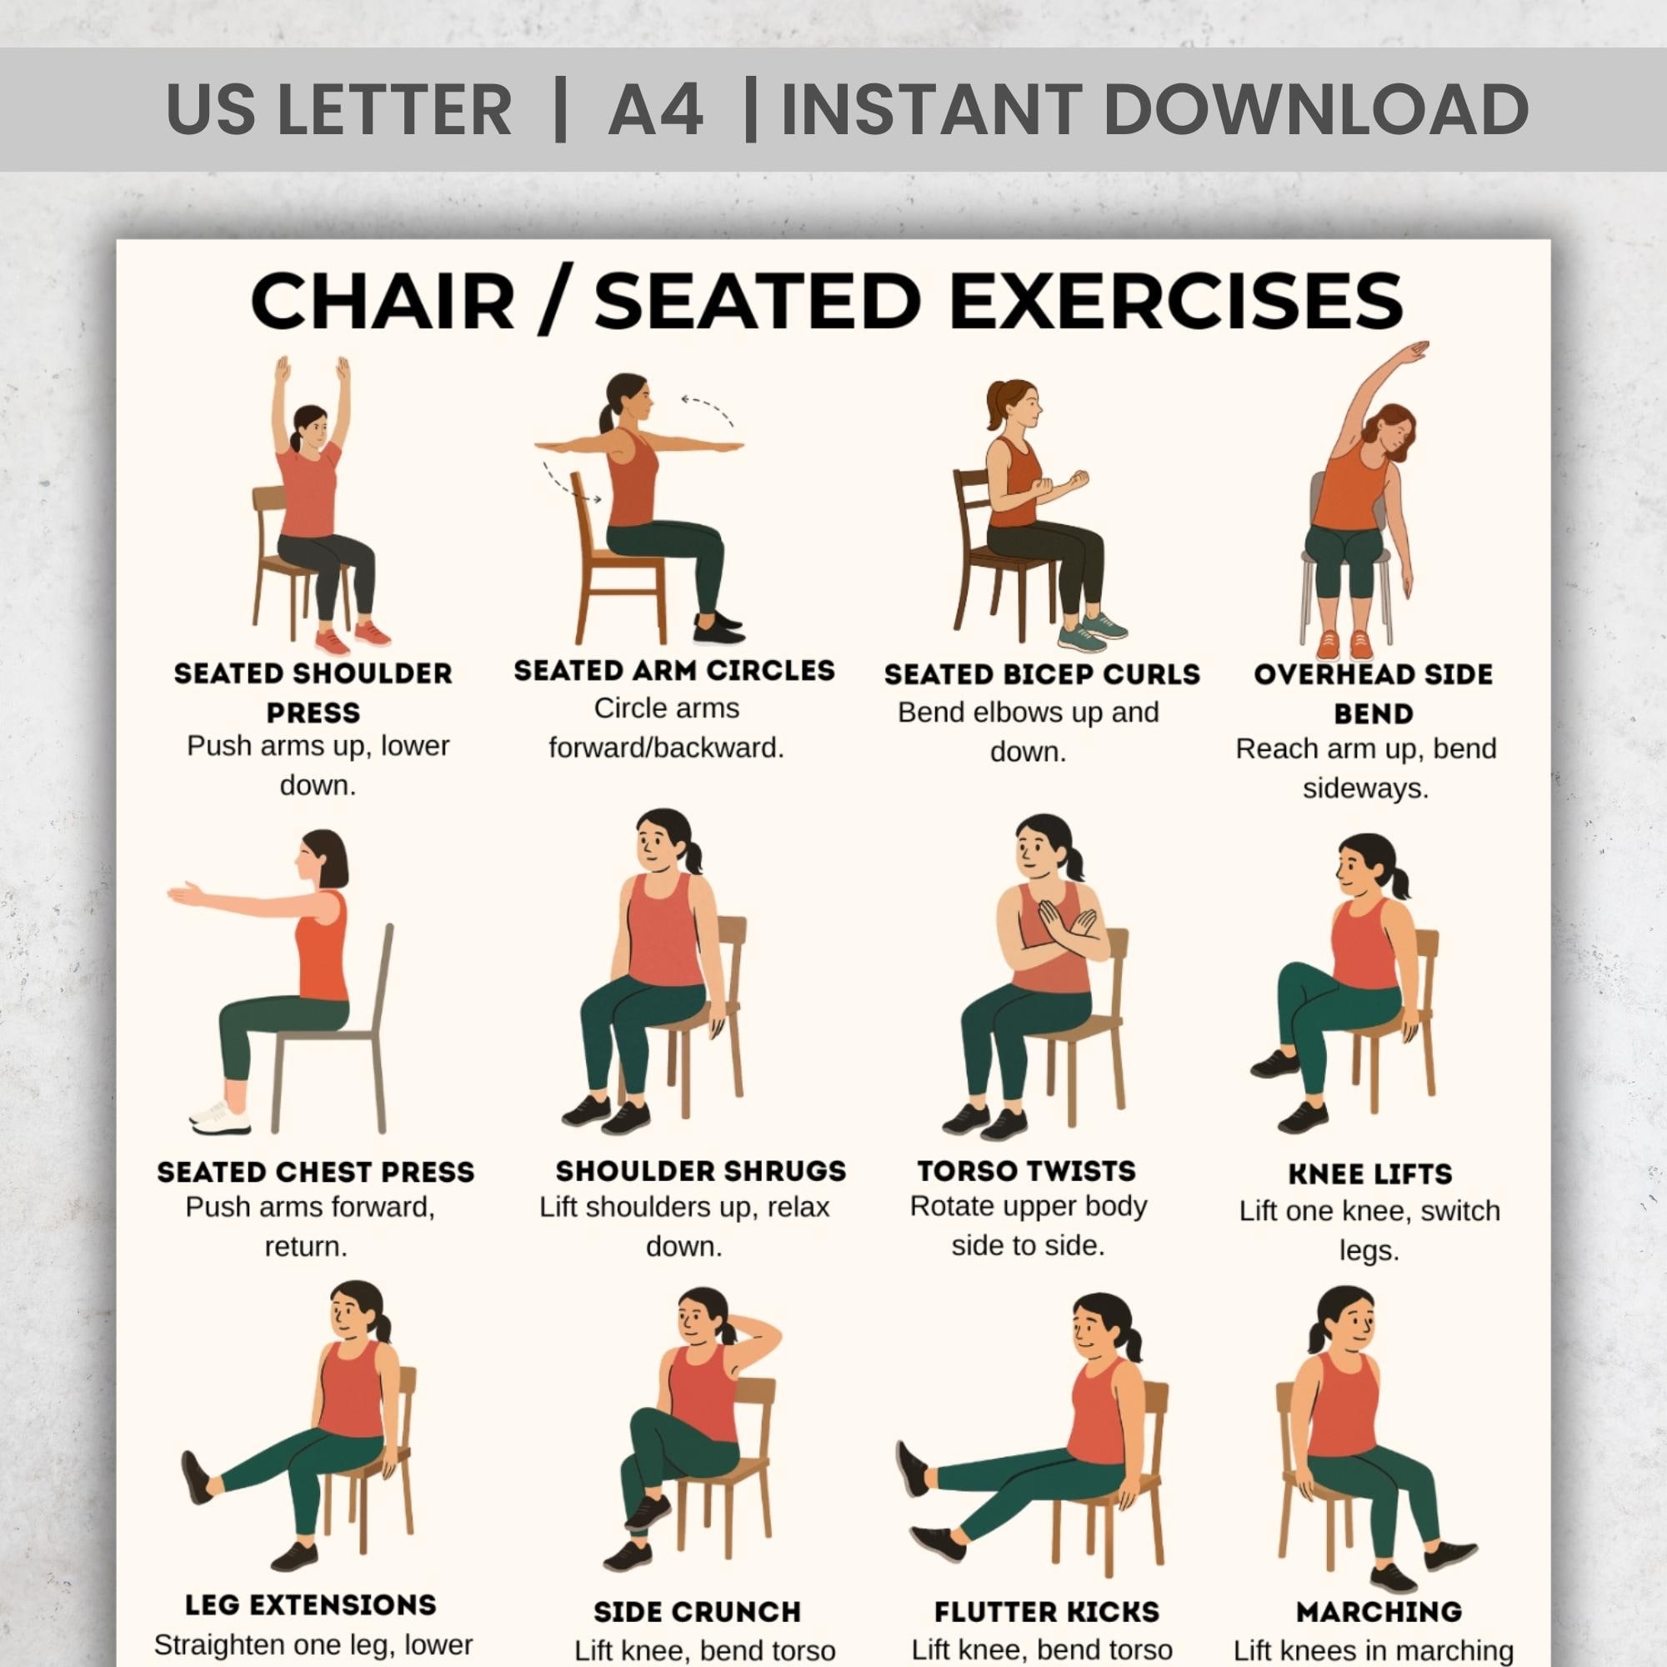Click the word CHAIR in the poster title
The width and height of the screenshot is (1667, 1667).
[383, 301]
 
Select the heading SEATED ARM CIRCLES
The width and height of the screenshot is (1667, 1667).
[673, 670]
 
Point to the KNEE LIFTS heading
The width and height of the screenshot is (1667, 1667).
[1369, 1174]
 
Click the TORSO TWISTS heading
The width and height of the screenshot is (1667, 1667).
[1026, 1171]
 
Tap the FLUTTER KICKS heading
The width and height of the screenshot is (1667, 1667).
[1046, 1612]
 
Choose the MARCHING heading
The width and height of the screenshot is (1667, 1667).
[1378, 1611]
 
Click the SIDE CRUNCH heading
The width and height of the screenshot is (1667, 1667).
[697, 1612]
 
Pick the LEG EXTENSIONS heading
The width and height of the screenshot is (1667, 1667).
[311, 1604]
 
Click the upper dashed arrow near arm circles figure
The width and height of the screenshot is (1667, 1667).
[708, 408]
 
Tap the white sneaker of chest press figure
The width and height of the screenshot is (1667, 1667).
[219, 1119]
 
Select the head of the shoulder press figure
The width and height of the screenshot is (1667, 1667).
[311, 425]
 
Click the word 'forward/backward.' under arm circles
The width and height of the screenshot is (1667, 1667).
[666, 747]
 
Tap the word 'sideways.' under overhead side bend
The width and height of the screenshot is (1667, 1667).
[1365, 788]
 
